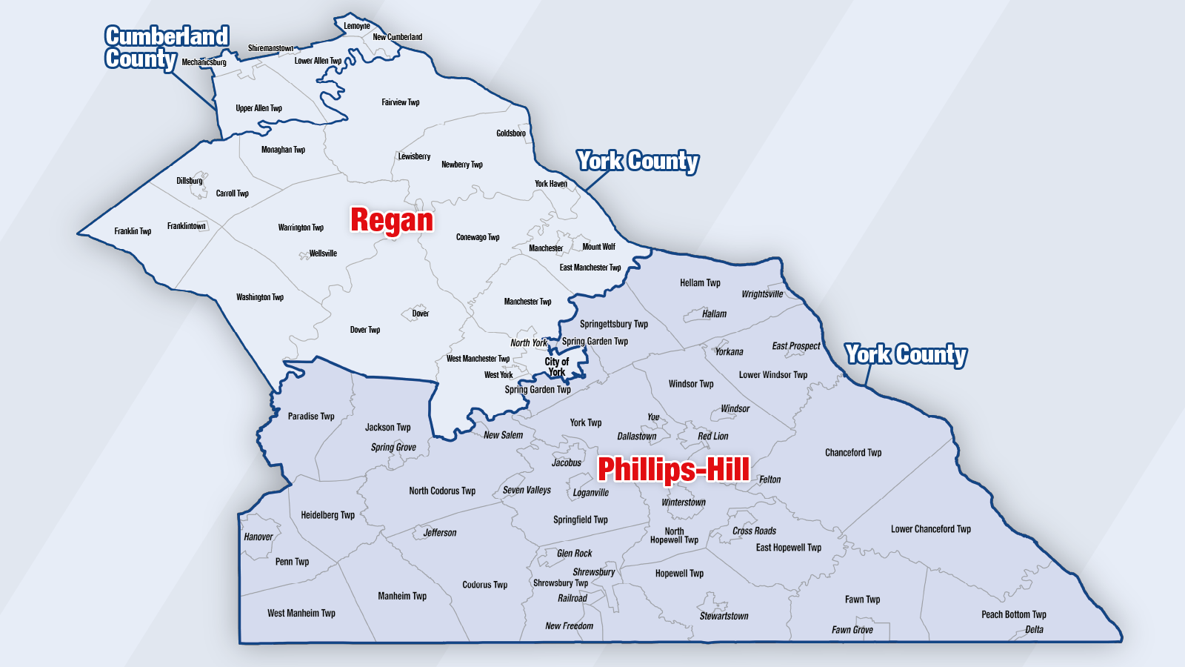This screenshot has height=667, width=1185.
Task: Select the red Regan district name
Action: click(392, 220)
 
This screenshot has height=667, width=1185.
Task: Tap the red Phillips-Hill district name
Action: click(673, 469)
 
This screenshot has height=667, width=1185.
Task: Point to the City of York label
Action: click(557, 367)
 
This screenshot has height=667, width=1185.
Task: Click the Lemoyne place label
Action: click(357, 26)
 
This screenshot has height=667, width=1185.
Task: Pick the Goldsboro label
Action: click(511, 133)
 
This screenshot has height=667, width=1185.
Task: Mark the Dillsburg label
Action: click(190, 181)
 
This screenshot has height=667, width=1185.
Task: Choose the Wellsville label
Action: click(323, 253)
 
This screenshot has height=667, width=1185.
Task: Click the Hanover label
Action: click(258, 537)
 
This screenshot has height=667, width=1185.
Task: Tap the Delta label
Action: click(1035, 630)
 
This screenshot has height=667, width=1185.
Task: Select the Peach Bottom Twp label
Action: click(1014, 614)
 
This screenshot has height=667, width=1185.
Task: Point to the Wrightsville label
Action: click(762, 294)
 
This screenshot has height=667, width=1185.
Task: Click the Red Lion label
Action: click(713, 437)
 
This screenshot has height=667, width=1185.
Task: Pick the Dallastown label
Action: click(637, 437)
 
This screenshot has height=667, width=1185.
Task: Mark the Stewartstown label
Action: click(724, 616)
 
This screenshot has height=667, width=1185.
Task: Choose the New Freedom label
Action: click(570, 626)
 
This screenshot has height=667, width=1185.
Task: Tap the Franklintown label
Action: click(187, 226)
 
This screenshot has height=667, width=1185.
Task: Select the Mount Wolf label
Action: click(598, 247)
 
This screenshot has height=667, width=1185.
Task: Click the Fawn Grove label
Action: click(852, 630)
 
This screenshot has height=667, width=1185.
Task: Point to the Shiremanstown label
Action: click(270, 48)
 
